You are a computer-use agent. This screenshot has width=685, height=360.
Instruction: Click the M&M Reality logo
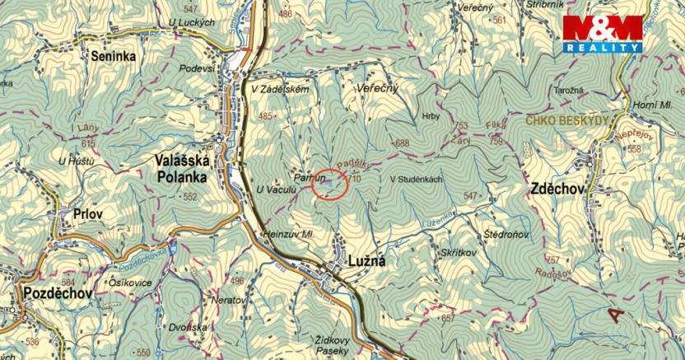(x=603, y=35)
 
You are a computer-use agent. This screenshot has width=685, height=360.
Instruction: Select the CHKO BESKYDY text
(x=568, y=121)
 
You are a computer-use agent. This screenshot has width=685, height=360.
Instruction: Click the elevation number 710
(x=355, y=178)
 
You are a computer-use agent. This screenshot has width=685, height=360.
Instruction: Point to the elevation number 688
(x=402, y=143)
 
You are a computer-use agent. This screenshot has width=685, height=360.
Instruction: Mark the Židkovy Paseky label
(x=333, y=344)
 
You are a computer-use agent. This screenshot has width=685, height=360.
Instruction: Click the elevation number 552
(x=191, y=198)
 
